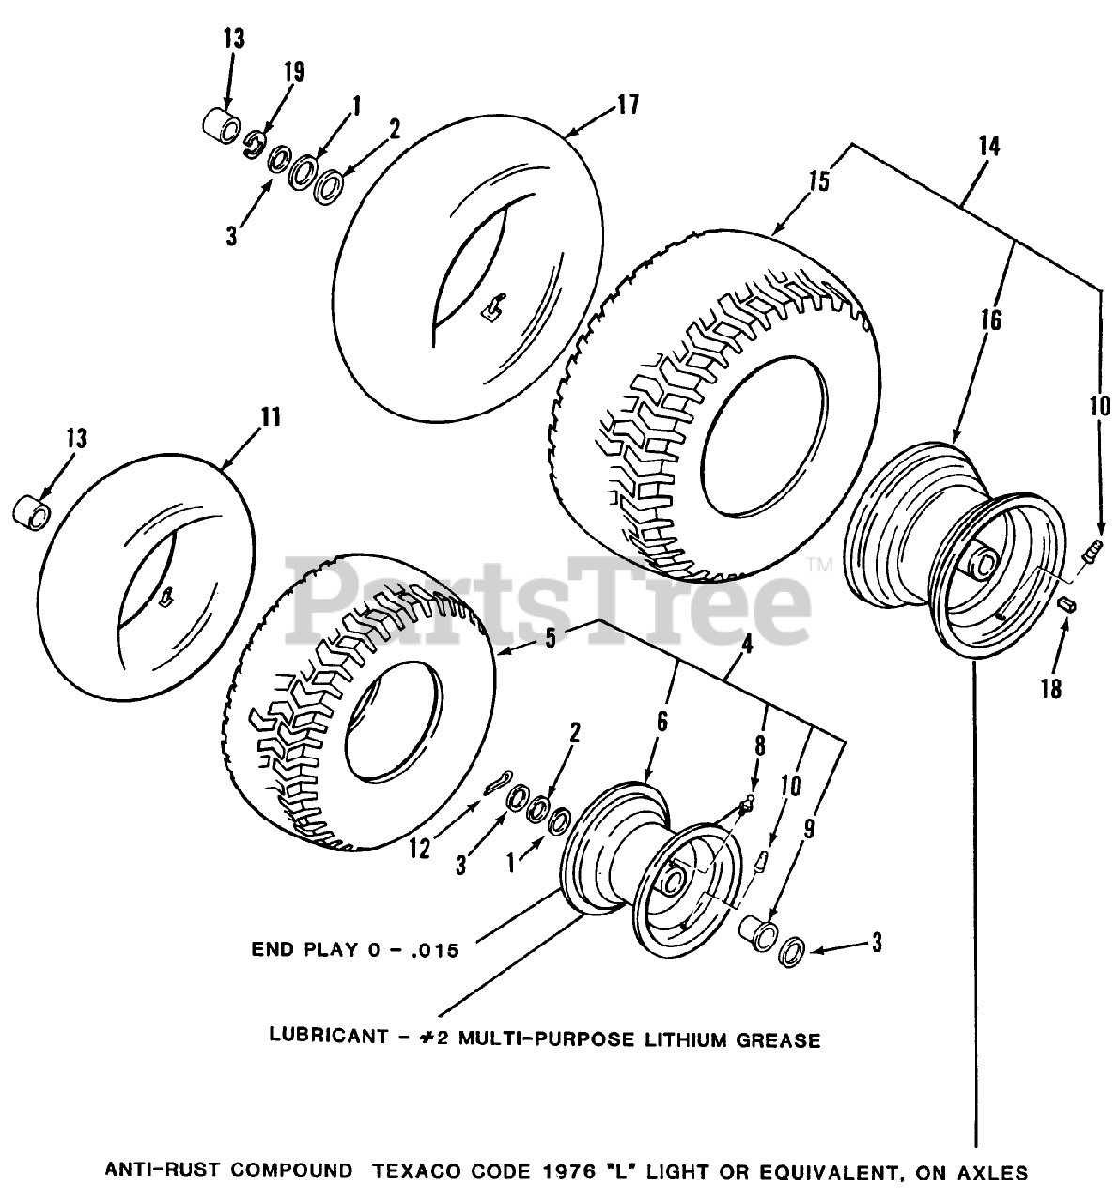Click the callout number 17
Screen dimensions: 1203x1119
(627, 104)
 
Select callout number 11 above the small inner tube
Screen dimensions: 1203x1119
(271, 416)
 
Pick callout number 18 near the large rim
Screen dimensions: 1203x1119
(1050, 689)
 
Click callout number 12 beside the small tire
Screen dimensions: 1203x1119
(419, 848)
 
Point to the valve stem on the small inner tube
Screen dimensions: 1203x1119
(166, 594)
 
